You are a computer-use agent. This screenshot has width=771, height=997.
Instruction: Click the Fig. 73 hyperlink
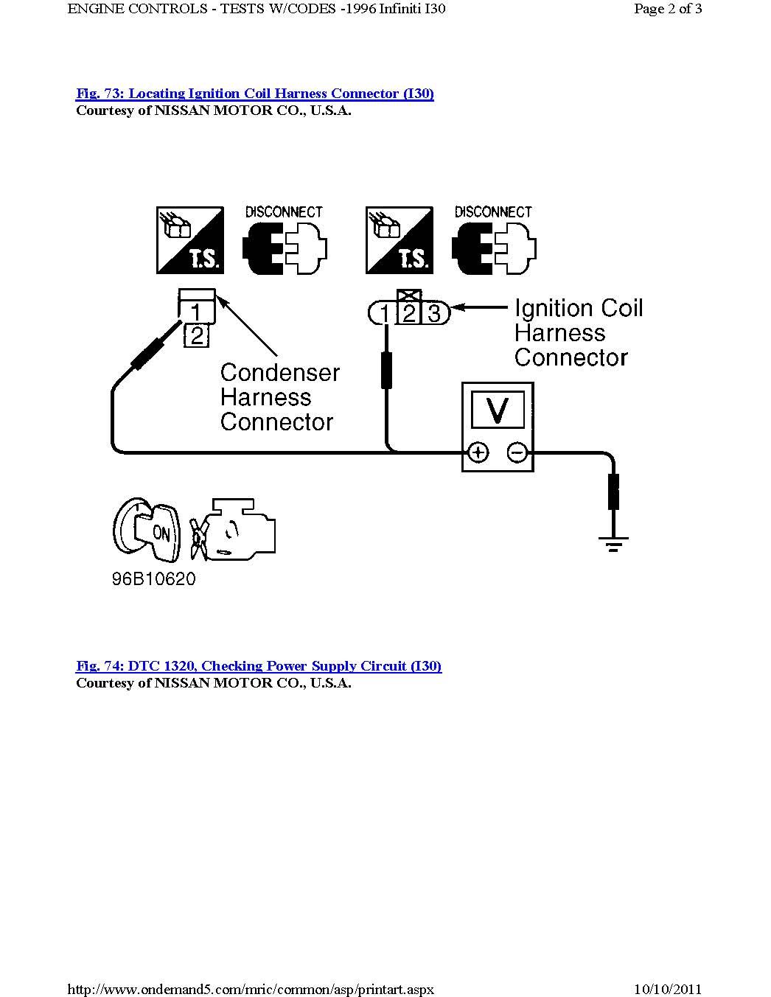coord(254,94)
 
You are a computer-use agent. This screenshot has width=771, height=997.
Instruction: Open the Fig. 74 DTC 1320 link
coord(258,666)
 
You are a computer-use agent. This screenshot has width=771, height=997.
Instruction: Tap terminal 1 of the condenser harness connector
coord(196,312)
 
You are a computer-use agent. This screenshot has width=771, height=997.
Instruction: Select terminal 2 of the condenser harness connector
coord(197,336)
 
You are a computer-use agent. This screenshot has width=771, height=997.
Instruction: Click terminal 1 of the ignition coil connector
coord(384,314)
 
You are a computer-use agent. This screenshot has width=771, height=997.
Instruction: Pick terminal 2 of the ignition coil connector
coord(409,313)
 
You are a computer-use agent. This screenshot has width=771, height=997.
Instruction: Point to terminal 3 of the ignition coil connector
coord(435,314)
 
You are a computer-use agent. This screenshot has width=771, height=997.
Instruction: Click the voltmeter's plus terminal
coord(478,452)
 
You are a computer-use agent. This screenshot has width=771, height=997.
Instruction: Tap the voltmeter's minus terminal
coord(517,452)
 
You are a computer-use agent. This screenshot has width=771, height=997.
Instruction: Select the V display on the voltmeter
coord(498,410)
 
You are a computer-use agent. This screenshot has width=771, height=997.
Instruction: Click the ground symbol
coord(613,545)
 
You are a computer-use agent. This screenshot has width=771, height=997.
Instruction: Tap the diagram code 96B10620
coord(154,579)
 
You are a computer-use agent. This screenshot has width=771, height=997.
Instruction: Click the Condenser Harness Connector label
coord(279,397)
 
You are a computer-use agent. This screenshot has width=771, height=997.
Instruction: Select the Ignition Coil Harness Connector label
coord(578,332)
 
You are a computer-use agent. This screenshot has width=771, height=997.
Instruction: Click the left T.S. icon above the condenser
coord(190,240)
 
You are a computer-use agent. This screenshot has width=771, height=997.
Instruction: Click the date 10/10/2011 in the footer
coord(668,989)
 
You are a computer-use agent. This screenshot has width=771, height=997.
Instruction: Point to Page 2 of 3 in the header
coord(668,9)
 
